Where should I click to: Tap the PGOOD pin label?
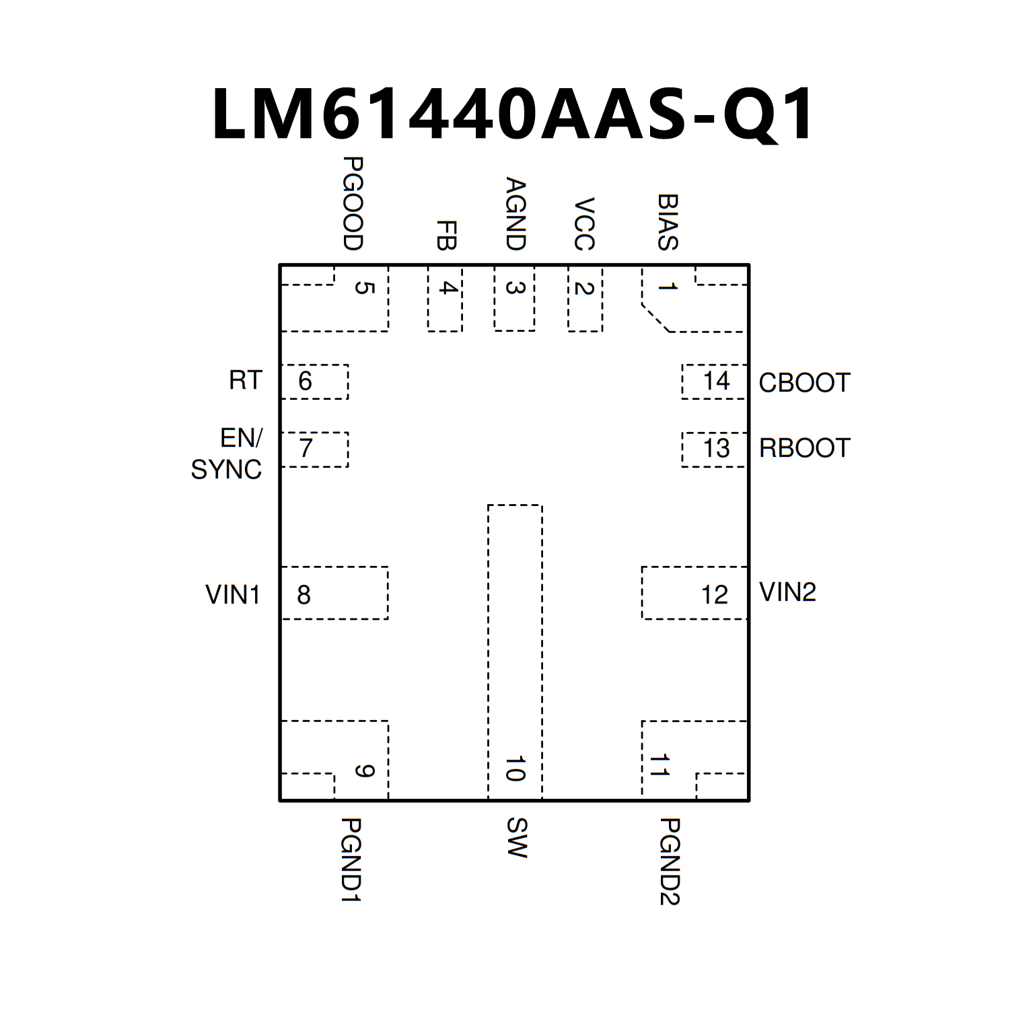coord(353,203)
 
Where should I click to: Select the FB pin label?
coord(446,235)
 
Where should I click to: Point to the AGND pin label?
coord(515,214)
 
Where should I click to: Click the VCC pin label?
coord(584,224)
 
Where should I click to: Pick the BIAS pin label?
coord(668,222)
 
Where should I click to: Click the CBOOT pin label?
coord(804,382)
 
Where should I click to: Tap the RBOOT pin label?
coord(804,448)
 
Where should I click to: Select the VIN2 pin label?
coord(787,592)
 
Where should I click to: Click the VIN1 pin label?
coord(233,595)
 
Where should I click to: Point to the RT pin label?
coord(245,381)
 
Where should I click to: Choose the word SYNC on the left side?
coord(226,469)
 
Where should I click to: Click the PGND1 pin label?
coord(351,860)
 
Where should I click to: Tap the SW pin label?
coord(516,838)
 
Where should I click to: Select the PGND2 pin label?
coord(670,862)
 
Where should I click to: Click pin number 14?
coord(716,382)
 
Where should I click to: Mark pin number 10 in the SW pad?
coord(515,769)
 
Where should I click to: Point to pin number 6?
coord(305,382)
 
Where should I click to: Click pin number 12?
coord(715,595)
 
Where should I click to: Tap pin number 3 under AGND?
coord(515,287)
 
